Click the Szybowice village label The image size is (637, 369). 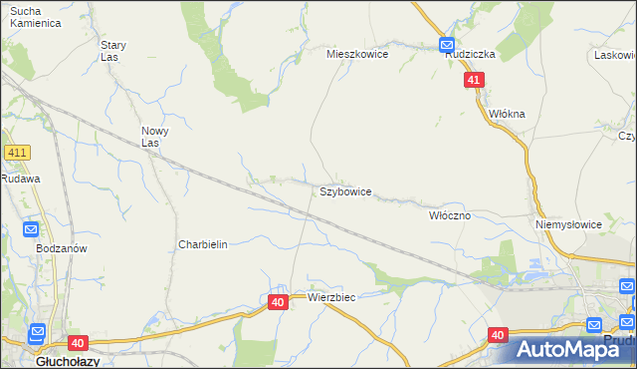pyautogui.click(x=345, y=190)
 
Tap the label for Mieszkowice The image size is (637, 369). pyautogui.click(x=357, y=55)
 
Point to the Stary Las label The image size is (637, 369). pyautogui.click(x=113, y=51)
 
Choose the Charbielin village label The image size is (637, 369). pyautogui.click(x=203, y=244)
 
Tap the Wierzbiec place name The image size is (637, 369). pyautogui.click(x=331, y=297)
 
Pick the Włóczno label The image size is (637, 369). pyautogui.click(x=449, y=214)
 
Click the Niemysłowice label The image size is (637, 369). pyautogui.click(x=568, y=224)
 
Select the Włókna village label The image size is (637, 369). pyautogui.click(x=507, y=114)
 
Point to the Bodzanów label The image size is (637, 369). pyautogui.click(x=62, y=248)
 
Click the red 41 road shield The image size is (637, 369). pyautogui.click(x=474, y=81)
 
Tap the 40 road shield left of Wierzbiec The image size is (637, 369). pyautogui.click(x=278, y=301)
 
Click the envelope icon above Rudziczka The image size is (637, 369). pyautogui.click(x=447, y=44)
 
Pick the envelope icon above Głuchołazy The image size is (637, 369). pyautogui.click(x=37, y=333)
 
